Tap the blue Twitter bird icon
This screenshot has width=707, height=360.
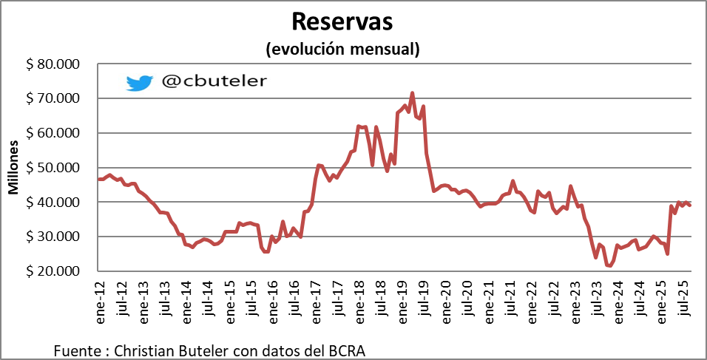(139, 82)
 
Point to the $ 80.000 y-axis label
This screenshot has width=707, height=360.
(53, 64)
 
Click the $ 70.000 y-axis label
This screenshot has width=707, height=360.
(53, 98)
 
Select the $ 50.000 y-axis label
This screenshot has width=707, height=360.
(53, 168)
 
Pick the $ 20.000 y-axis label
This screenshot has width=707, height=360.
(53, 271)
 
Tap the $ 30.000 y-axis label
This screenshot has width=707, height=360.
(53, 237)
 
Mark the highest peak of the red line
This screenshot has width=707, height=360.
(412, 93)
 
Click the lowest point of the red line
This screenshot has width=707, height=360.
(610, 266)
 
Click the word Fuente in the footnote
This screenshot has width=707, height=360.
(76, 348)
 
